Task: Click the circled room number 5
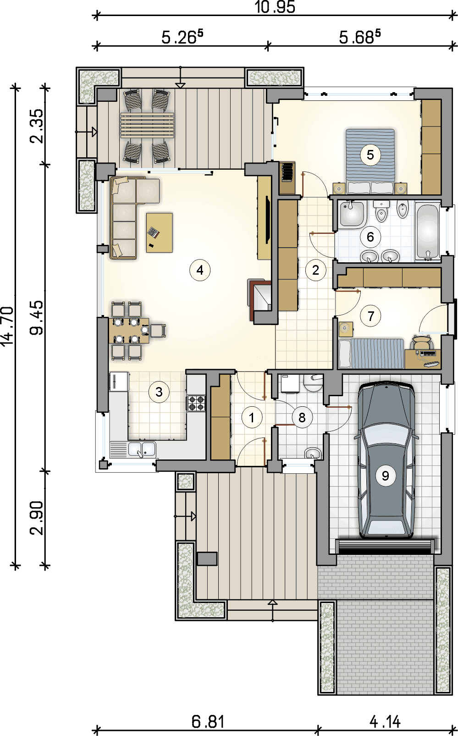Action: [370, 155]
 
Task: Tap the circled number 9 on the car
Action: [386, 476]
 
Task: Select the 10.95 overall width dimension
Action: [275, 7]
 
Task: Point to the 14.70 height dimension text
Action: [7, 326]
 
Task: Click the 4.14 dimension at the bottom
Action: [385, 722]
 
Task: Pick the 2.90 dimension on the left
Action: [37, 517]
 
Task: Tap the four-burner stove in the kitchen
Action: [197, 403]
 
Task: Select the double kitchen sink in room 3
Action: [142, 449]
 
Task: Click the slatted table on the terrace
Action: [147, 125]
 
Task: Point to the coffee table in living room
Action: [160, 232]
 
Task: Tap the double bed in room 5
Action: [370, 160]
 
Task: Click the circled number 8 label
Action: [302, 418]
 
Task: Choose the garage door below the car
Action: [385, 547]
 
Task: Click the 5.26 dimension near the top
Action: [182, 37]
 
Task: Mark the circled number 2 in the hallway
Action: [315, 270]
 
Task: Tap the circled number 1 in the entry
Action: [252, 418]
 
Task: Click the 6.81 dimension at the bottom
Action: [208, 722]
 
